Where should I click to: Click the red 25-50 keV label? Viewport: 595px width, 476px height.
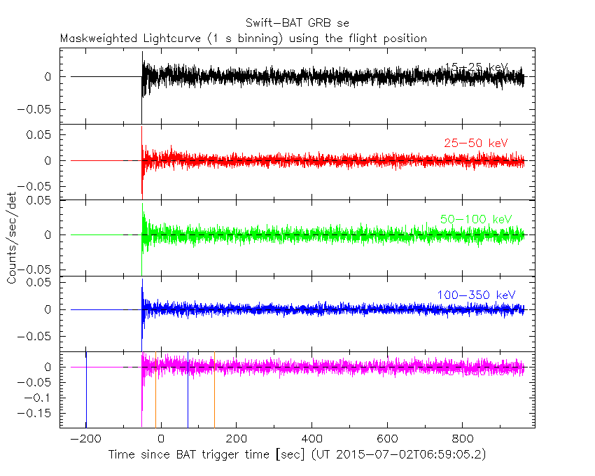(x=475, y=143)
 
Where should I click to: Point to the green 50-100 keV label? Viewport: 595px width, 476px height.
(x=472, y=220)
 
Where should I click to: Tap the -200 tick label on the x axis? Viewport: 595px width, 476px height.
(x=86, y=439)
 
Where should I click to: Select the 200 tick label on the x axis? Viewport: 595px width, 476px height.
(x=236, y=439)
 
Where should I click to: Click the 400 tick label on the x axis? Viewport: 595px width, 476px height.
(x=311, y=439)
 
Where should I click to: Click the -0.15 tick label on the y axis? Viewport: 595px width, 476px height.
(x=40, y=413)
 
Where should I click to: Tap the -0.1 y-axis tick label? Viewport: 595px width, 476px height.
(x=43, y=398)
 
